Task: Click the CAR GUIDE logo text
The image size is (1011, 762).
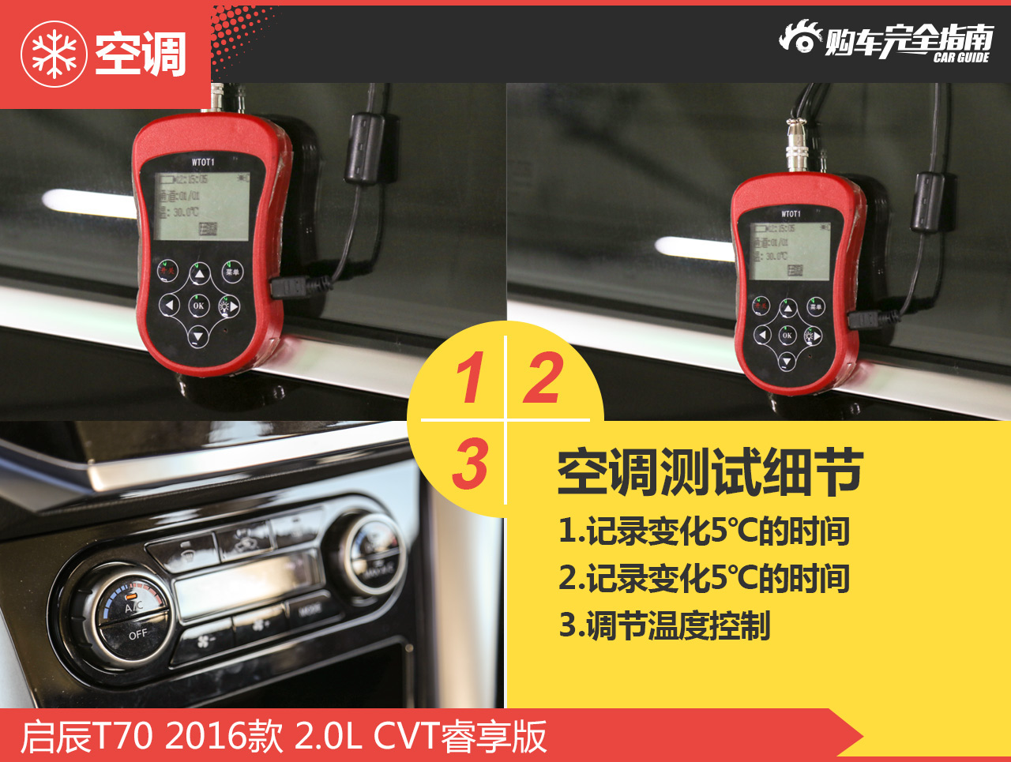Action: coord(960,58)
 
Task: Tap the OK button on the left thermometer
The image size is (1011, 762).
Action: coord(198,306)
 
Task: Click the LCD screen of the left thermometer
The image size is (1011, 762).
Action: coord(201,206)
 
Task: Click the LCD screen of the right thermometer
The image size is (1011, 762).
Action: coord(790,250)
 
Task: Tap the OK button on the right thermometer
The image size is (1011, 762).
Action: coord(787,335)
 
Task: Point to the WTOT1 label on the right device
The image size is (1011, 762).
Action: coord(791,214)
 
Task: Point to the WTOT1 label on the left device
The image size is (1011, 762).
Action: coord(203,162)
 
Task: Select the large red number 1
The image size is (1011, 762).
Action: coord(470,377)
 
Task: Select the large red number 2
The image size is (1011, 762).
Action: coord(543,377)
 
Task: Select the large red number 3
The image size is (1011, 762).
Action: coord(470,464)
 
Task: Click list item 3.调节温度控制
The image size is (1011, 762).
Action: coord(664,625)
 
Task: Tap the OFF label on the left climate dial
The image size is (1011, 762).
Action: coord(137,633)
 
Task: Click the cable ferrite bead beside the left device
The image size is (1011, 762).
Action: coord(366,148)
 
